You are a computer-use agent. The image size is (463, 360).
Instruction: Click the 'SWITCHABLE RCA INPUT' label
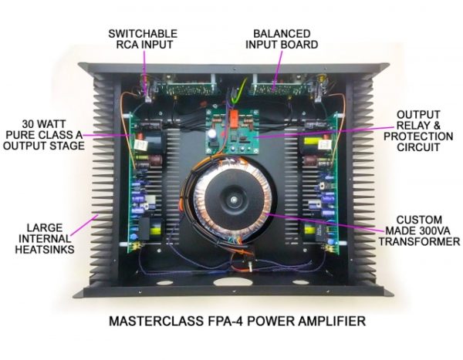click(143, 39)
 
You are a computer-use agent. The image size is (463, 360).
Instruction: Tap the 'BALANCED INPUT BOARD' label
click(282, 39)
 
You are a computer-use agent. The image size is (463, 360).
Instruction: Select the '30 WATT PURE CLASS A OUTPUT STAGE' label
click(44, 135)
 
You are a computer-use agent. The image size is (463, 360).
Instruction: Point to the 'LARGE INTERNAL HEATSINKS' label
click(45, 239)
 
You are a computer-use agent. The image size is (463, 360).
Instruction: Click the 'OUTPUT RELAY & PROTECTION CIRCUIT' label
click(418, 131)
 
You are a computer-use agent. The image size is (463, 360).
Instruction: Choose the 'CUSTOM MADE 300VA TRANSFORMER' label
click(419, 230)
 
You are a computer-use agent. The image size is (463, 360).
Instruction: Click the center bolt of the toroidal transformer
click(234, 200)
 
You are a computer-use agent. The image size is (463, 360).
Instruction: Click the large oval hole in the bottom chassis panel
click(233, 281)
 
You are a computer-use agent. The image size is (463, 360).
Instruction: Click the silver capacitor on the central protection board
click(212, 134)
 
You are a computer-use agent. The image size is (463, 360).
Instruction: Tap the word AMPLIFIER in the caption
click(332, 321)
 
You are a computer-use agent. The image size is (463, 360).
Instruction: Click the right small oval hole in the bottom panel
click(300, 283)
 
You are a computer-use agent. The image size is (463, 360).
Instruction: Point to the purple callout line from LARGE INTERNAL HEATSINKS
click(84, 225)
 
